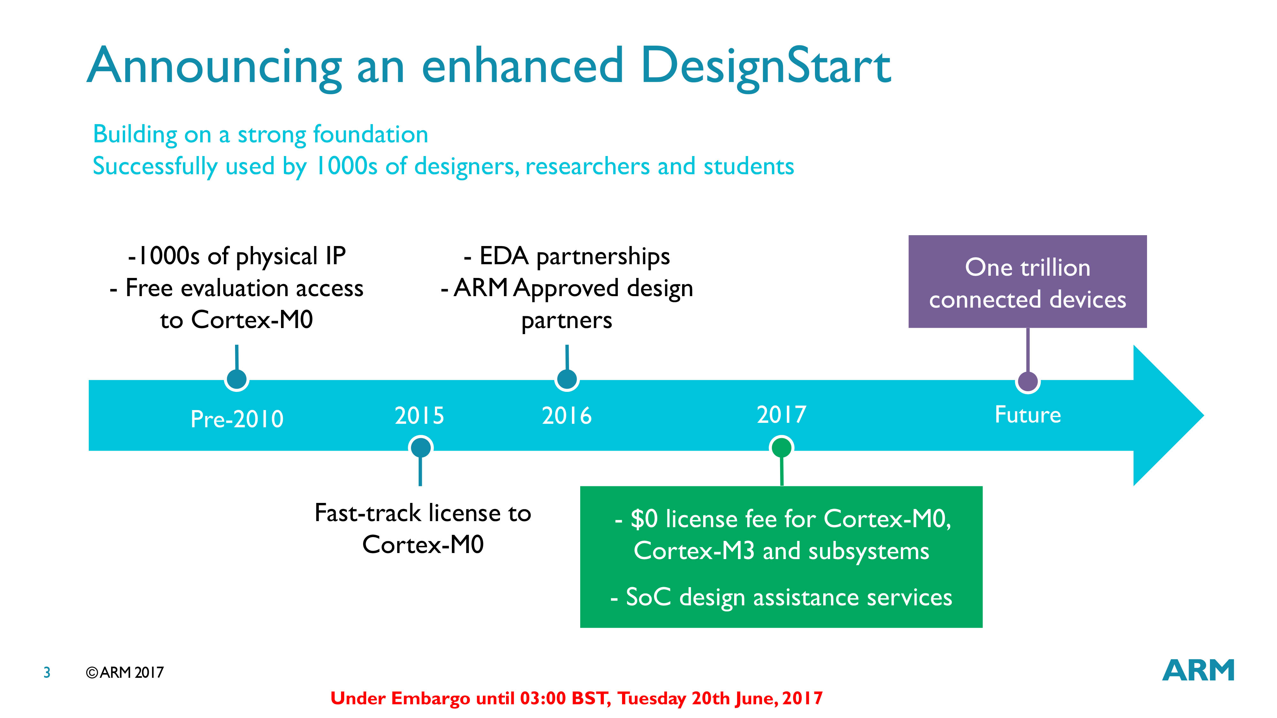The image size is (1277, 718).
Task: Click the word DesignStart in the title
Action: (765, 68)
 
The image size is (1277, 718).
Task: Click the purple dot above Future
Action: (1028, 382)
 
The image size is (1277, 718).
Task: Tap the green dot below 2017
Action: (781, 448)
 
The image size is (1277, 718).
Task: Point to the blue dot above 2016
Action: (567, 379)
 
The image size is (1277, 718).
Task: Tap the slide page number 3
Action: (47, 672)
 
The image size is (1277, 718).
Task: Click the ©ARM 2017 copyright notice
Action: (125, 672)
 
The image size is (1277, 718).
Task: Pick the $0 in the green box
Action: (643, 519)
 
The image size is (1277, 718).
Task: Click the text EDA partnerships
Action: (574, 256)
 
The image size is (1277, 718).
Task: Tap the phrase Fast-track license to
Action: (422, 512)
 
